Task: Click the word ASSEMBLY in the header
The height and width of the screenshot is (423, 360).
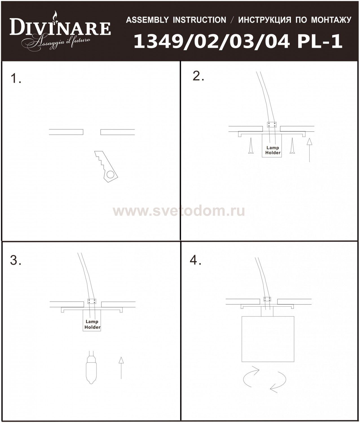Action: coord(147,20)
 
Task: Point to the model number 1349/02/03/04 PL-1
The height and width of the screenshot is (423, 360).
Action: coord(238,41)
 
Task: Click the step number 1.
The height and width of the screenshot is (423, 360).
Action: coord(16,78)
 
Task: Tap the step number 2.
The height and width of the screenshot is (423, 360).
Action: coord(198,76)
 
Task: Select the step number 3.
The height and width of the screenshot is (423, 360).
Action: coord(16,261)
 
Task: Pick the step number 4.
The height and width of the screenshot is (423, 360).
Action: coord(196,261)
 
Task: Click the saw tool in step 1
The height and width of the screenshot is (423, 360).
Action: coord(106,166)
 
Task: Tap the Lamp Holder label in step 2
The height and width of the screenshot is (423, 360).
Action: coord(273,150)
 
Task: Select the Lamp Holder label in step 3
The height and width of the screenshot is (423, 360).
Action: coord(92,324)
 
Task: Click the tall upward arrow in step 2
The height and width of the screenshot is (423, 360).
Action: coord(310,150)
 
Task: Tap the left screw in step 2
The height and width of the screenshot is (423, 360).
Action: coord(251,146)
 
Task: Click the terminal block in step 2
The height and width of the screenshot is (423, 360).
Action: coord(272,125)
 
